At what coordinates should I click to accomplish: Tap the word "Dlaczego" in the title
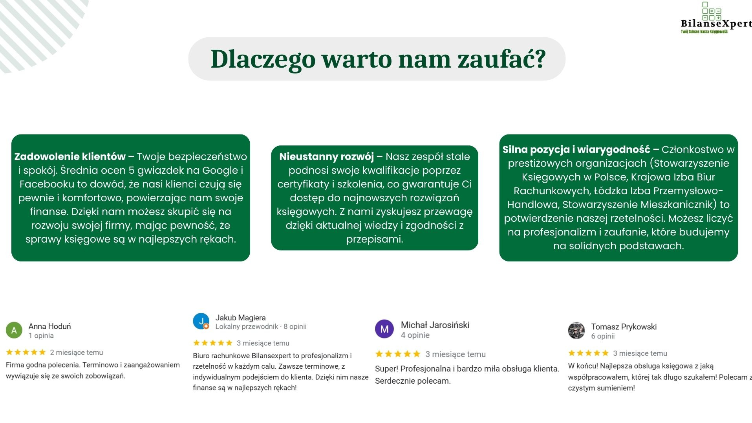[x=263, y=59]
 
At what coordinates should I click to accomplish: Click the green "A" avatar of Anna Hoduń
[x=14, y=330]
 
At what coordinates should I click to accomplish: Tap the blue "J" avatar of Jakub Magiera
[x=201, y=321]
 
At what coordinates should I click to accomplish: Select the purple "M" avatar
[x=384, y=329]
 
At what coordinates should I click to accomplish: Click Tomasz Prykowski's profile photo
[x=576, y=331]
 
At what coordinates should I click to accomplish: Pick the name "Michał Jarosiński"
[x=435, y=325]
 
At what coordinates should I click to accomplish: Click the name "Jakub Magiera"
[x=240, y=318]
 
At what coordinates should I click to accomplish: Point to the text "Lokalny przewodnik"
[x=246, y=327]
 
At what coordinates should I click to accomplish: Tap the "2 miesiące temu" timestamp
[x=76, y=353]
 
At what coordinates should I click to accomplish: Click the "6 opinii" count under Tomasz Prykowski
[x=603, y=336]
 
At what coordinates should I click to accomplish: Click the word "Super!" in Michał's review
[x=386, y=369]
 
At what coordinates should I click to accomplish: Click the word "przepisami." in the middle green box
[x=374, y=239]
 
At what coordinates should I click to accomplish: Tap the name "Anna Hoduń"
[x=49, y=326]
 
